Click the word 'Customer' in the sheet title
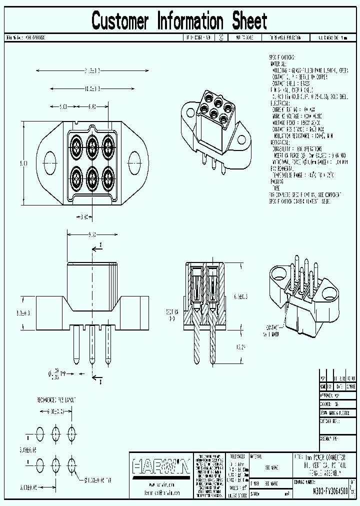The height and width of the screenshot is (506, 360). (x=120, y=21)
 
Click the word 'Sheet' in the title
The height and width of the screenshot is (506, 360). (x=249, y=21)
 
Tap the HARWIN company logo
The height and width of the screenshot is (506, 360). (x=160, y=467)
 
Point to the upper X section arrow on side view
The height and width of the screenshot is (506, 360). (x=100, y=245)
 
